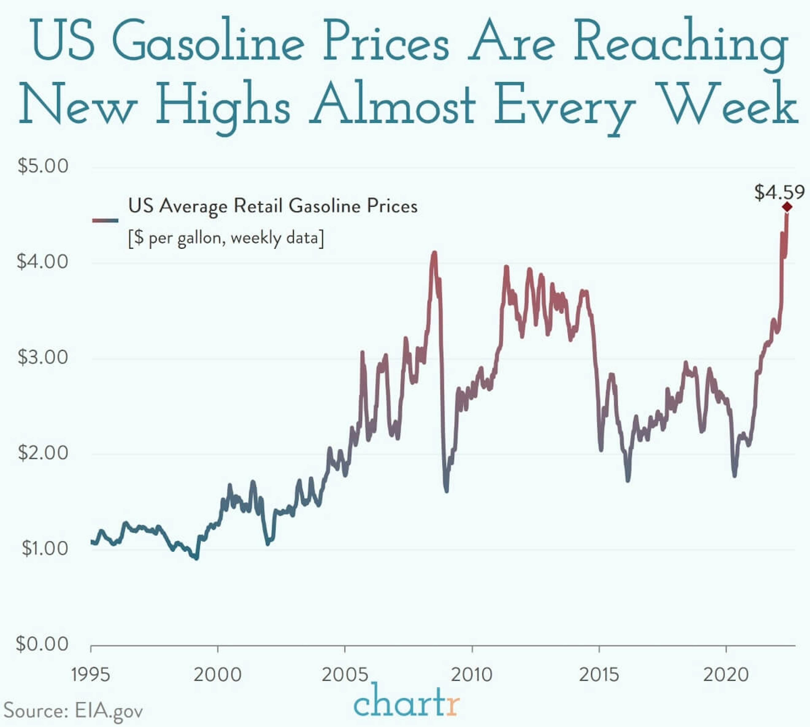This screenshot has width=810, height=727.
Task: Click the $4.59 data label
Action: coord(779,192)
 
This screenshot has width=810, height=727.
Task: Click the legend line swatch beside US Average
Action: coord(105,220)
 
